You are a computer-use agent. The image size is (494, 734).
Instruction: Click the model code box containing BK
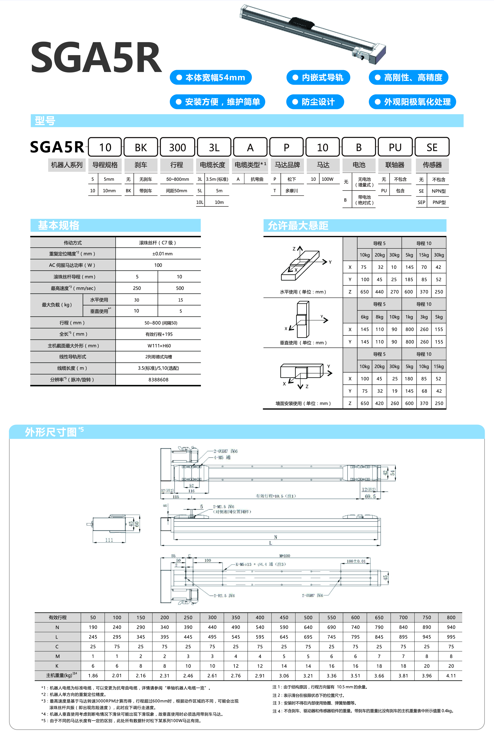[x=141, y=147]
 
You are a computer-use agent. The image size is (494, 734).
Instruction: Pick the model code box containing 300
[x=177, y=147]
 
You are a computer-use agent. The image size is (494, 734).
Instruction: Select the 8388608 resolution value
[x=158, y=380]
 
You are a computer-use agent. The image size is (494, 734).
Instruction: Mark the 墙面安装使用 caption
[x=303, y=403]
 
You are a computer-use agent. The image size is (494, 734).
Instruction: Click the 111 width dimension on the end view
[x=109, y=540]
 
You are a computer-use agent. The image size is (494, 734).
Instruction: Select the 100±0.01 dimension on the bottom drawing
[x=356, y=561]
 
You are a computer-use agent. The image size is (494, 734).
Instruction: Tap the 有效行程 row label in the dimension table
[x=58, y=617]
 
